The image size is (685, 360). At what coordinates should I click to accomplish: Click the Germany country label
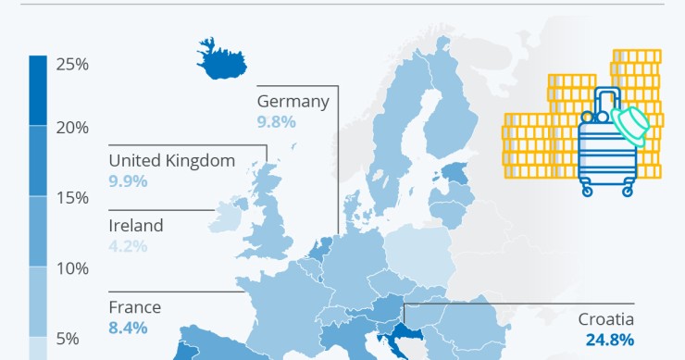[x=293, y=101]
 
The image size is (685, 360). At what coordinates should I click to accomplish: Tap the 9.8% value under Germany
[x=277, y=121]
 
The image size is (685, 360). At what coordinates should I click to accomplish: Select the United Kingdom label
[x=171, y=160]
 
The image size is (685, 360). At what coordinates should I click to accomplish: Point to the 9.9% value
[x=128, y=180]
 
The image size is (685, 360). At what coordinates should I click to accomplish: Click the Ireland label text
[x=135, y=225]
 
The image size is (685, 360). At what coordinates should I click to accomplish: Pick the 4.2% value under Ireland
[x=128, y=246]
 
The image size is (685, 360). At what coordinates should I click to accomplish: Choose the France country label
[x=134, y=307]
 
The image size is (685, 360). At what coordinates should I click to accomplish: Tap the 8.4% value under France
[x=128, y=328]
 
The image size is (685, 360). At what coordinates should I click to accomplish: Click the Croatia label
[x=605, y=319]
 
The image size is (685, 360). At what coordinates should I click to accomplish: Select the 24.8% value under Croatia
[x=609, y=340]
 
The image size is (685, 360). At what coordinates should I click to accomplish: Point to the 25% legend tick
[x=72, y=64]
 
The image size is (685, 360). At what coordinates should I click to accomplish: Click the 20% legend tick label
[x=72, y=127]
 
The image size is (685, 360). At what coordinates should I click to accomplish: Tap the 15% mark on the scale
[x=72, y=198]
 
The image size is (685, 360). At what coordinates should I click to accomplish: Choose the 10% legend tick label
[x=72, y=268]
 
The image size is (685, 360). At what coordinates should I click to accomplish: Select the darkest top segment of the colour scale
[x=37, y=90]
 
